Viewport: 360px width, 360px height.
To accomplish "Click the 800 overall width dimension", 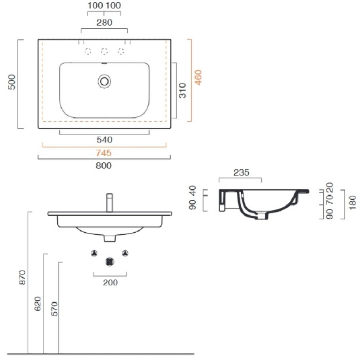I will (x=104, y=166).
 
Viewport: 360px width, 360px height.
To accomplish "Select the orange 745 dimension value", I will (x=104, y=153).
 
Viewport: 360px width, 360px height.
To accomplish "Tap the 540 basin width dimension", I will (x=104, y=139).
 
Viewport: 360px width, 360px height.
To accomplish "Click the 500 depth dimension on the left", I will (x=11, y=83).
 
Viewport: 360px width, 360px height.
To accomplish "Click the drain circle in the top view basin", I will (x=104, y=81).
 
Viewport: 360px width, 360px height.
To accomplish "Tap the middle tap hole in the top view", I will (x=104, y=52).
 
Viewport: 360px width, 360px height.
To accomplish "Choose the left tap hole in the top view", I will (x=86, y=52).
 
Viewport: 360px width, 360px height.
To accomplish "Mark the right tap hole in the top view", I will (x=122, y=52).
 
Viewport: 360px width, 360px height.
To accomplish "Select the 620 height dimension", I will (x=38, y=305).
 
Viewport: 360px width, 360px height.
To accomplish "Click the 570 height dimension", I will (x=54, y=308).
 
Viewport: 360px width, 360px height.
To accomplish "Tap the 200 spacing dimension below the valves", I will (x=110, y=283).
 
